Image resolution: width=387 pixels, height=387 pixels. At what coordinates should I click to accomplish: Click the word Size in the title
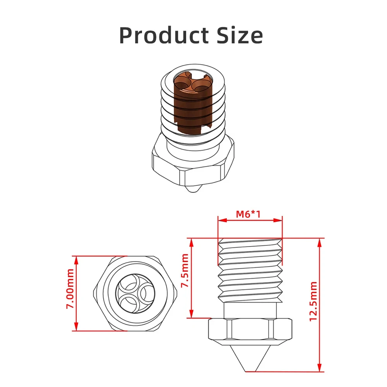pos(240,35)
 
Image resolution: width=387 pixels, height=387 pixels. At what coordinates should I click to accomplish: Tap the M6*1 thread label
pos(248,214)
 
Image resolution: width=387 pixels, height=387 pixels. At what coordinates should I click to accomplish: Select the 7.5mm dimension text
pos(185,271)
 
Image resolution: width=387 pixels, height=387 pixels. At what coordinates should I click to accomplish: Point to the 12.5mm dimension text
pos(313,301)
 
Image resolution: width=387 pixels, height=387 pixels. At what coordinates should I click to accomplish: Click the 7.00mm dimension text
pos(70,289)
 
